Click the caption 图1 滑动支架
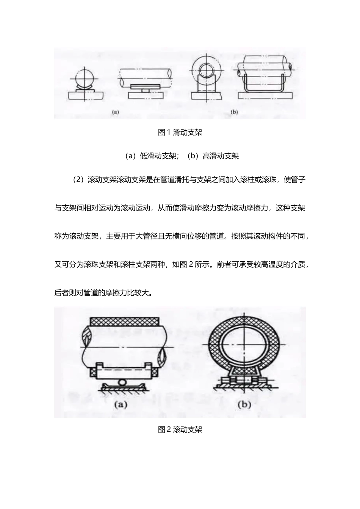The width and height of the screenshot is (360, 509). tap(180, 133)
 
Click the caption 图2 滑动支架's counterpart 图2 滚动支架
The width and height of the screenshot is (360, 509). tap(180, 429)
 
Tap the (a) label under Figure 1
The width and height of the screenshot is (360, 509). tap(116, 112)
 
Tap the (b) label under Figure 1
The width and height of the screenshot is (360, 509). tap(234, 112)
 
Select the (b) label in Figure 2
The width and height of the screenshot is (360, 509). tap(244, 405)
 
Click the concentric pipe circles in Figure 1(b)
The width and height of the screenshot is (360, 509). tap(204, 68)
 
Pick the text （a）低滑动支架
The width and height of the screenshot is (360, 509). tap(152, 156)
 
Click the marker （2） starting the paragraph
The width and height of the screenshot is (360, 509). tap(78, 180)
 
